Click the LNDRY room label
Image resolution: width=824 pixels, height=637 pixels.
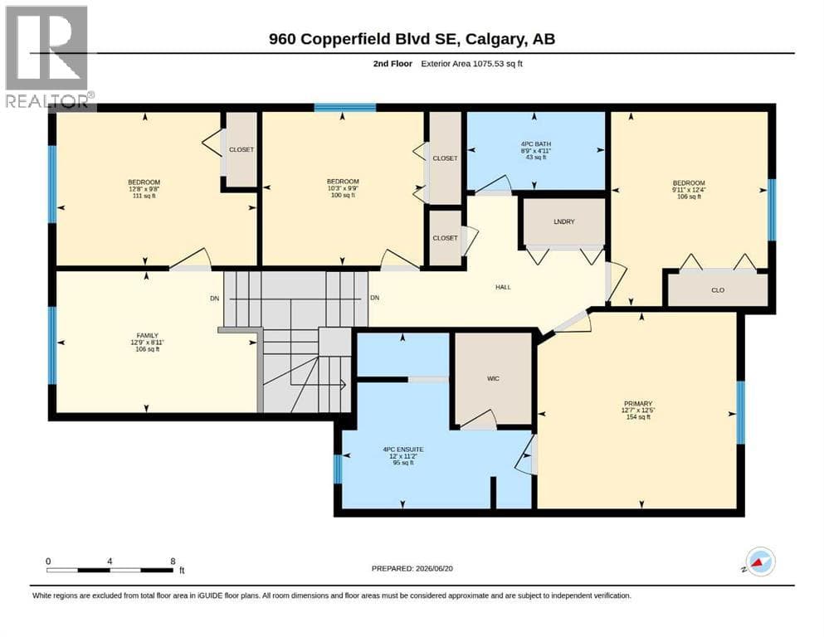[564, 221]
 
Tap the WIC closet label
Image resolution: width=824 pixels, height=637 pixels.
[493, 378]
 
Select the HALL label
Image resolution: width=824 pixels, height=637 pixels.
[503, 287]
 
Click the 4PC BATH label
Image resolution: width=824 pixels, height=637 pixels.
[536, 143]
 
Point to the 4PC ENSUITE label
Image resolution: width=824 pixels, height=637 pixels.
[403, 450]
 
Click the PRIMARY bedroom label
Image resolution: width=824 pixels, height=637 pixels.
[638, 404]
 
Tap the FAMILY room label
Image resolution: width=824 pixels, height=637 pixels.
[147, 336]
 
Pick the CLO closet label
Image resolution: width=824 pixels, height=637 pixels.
[718, 289]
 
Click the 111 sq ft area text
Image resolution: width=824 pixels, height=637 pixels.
[144, 196]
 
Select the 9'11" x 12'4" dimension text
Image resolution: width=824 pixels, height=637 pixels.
[689, 190]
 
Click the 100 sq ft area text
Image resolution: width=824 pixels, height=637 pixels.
[343, 196]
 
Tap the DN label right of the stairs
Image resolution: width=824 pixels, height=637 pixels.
[375, 298]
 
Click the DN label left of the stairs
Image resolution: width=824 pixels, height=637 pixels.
[214, 299]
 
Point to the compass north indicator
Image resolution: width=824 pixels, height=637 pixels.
[758, 562]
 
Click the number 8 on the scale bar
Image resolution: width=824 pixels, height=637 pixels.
[173, 562]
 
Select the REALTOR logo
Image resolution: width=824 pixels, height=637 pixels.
[48, 56]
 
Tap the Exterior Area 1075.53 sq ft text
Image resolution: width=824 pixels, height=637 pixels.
[471, 64]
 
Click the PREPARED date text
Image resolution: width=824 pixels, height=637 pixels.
[412, 568]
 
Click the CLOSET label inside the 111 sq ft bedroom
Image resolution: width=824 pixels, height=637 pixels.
[241, 149]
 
